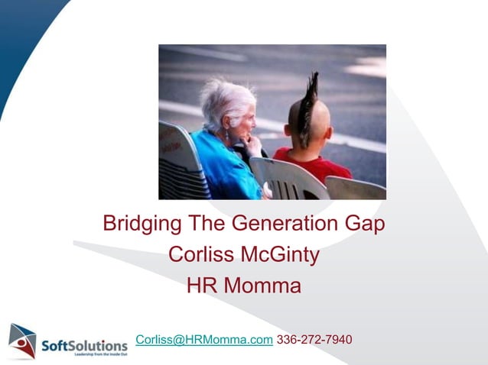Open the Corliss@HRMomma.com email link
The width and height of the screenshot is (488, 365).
[x=203, y=340]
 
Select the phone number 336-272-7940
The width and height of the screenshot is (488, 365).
[x=314, y=340]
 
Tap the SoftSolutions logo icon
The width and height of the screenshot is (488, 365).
[x=22, y=341]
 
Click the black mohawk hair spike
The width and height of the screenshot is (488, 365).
[x=311, y=99]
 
